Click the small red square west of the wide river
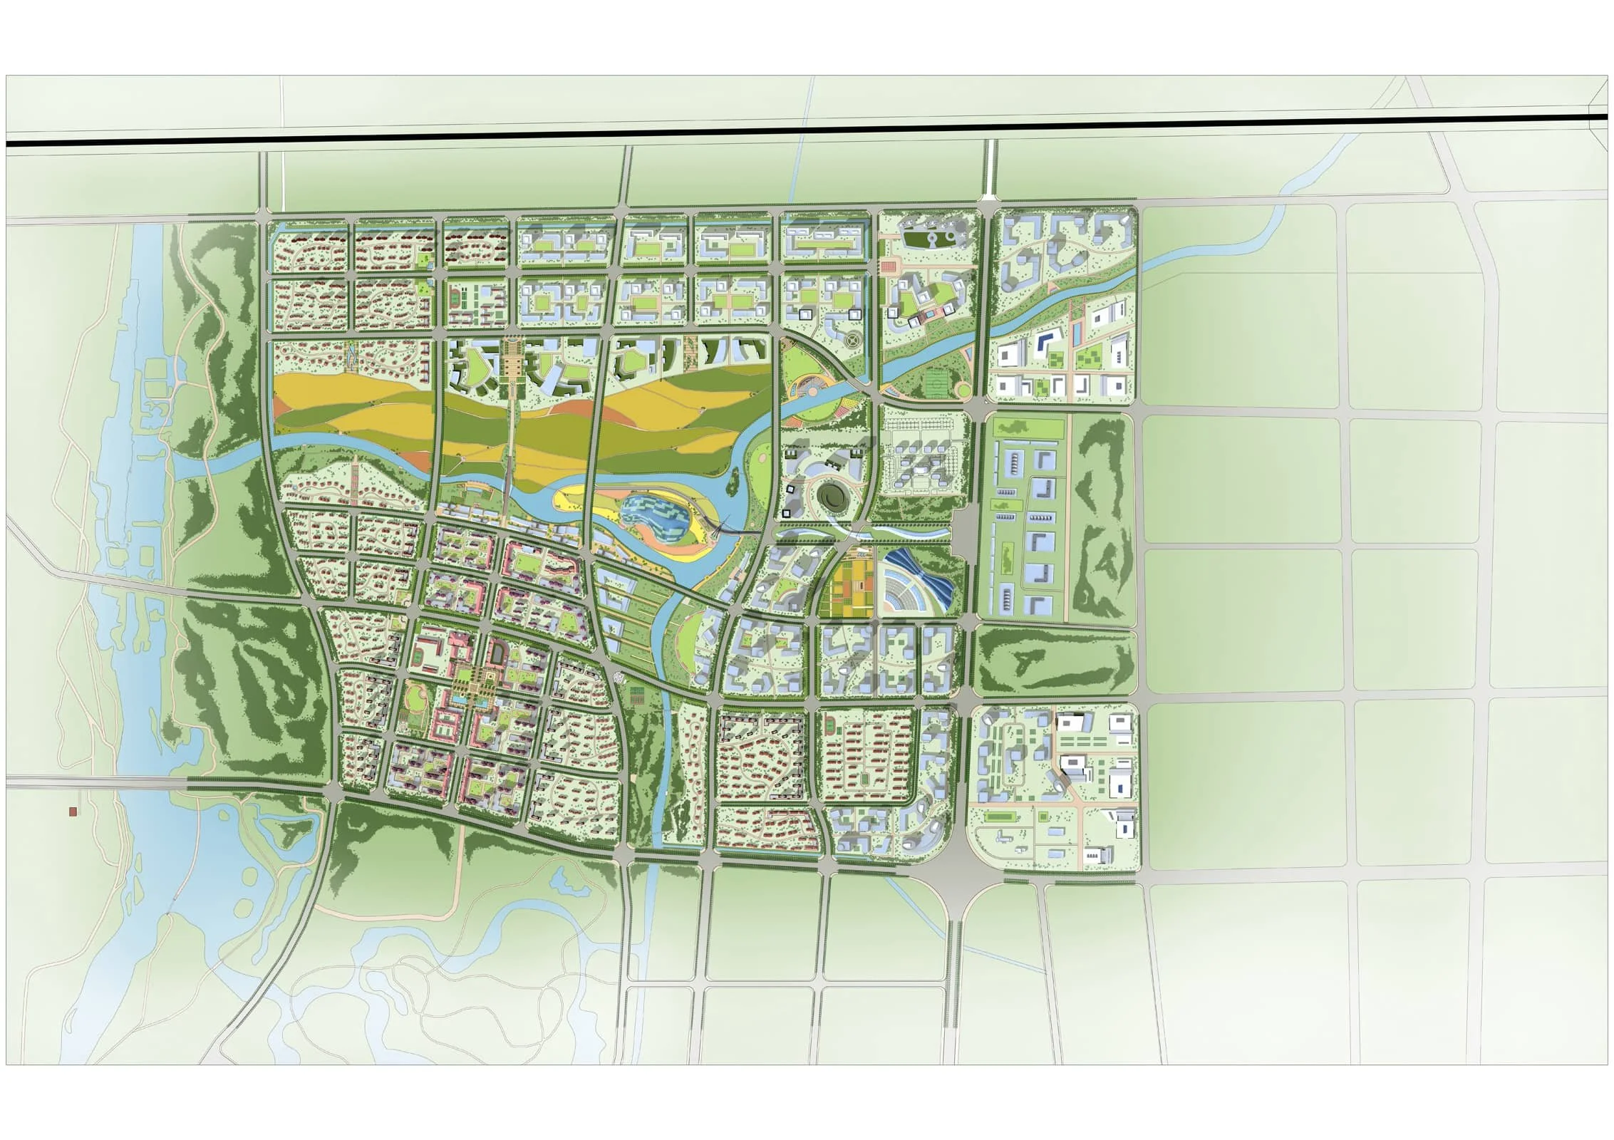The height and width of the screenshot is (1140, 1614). click(x=72, y=812)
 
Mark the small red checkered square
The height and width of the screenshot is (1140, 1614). click(x=889, y=266)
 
